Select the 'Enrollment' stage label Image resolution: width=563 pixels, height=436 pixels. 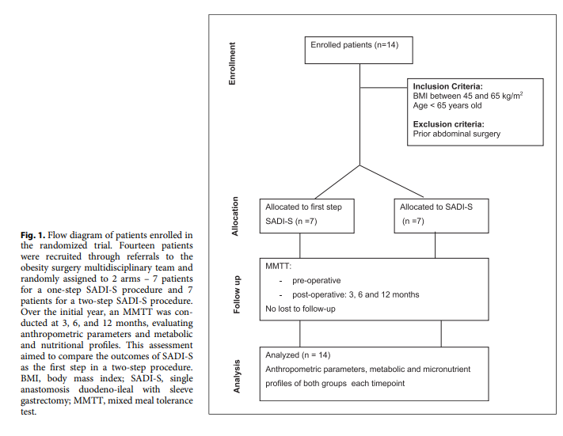[233, 64]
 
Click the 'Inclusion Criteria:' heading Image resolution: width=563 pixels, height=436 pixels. [448, 86]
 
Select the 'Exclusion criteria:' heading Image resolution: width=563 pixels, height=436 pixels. [449, 123]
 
